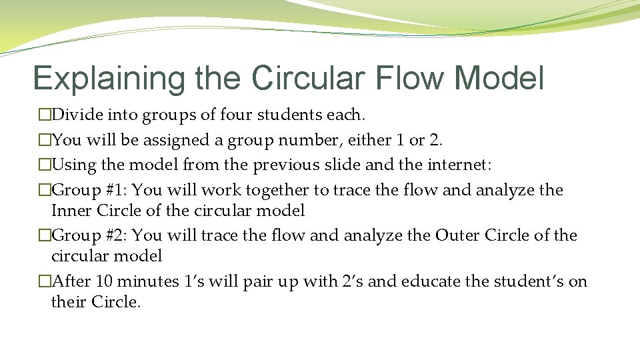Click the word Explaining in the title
coord(109,79)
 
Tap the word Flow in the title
coord(408,79)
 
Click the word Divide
coord(75,115)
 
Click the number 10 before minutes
coord(105,281)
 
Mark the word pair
coord(264,282)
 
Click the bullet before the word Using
coord(45,165)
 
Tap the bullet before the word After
coord(45,282)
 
